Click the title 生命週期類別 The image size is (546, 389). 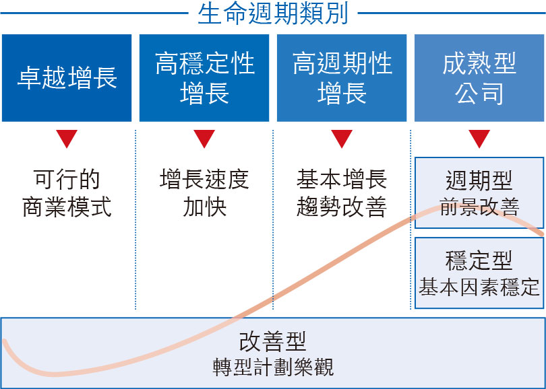pos(273,14)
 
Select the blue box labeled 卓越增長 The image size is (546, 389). pos(67,78)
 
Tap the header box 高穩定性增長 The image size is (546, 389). pos(204,78)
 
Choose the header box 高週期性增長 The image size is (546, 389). pos(342,78)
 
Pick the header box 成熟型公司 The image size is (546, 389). pos(479,78)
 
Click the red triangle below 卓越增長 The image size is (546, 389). pos(67,139)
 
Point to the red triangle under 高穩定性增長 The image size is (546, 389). pos(204,139)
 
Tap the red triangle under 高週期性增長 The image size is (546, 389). pos(342,139)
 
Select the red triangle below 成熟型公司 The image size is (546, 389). pos(479,139)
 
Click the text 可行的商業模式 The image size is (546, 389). pos(67,193)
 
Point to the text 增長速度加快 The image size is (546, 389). pos(204,193)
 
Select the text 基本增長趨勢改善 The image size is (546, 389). pos(342,193)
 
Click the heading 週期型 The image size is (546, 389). pos(479,180)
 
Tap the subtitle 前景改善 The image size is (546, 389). pos(479,207)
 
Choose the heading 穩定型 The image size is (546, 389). pos(479,260)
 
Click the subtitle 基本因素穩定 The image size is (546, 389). pos(479,287)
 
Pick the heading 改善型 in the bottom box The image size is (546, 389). pos(272,341)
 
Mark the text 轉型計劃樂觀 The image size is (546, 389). pos(273,367)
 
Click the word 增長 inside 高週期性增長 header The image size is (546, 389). pos(342,93)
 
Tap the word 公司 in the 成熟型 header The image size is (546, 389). pos(479,93)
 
